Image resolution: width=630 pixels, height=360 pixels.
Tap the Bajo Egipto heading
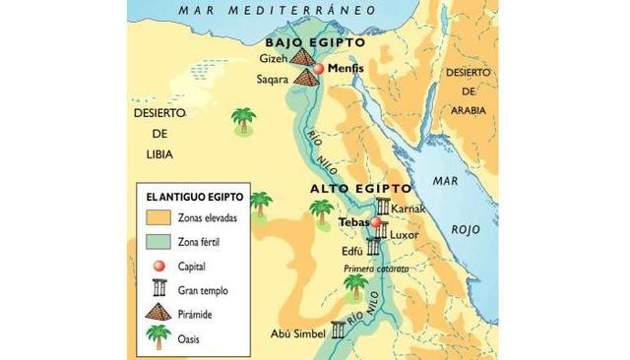click(315, 43)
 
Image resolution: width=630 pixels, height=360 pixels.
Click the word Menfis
click(346, 71)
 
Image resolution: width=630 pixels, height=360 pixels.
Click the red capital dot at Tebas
click(375, 223)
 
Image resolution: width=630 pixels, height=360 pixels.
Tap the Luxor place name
click(405, 235)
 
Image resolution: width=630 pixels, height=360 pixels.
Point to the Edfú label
click(353, 252)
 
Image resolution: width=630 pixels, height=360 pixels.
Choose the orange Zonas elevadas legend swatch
click(156, 217)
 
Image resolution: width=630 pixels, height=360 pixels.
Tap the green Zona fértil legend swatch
click(156, 241)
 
